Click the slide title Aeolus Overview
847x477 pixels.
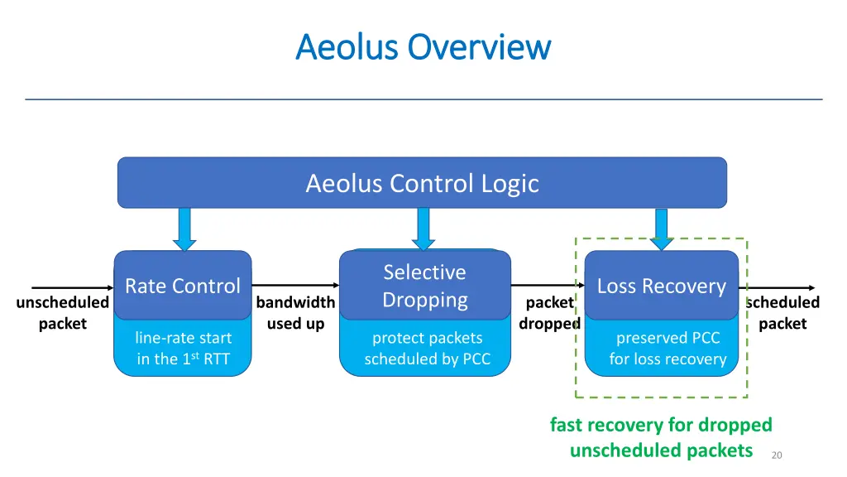click(x=423, y=46)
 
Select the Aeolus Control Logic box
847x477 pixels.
click(x=422, y=182)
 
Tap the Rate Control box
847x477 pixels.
click(x=182, y=286)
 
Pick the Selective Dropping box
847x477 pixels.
click(x=424, y=286)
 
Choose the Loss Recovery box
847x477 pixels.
click(x=661, y=286)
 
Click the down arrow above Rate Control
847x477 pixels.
click(x=184, y=229)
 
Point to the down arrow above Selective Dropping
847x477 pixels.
click(x=423, y=229)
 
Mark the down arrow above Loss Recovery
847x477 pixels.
click(x=661, y=229)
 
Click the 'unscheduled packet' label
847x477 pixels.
click(x=62, y=313)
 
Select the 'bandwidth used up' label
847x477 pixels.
click(x=295, y=313)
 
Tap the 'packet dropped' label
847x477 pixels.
click(x=548, y=313)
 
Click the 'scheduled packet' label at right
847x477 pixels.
click(x=782, y=313)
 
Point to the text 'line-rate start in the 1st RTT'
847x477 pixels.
click(x=183, y=349)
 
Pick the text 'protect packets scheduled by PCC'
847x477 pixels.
click(x=427, y=349)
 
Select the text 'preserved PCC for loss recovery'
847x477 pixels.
click(x=668, y=349)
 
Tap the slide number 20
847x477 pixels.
click(x=776, y=455)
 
